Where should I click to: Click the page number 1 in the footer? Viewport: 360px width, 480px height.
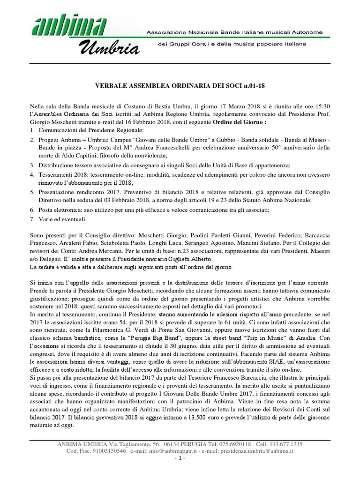[180, 458]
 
